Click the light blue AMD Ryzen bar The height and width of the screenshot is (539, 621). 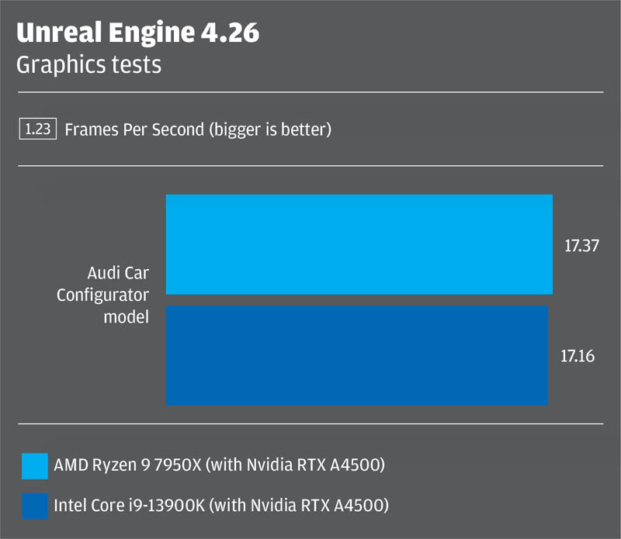coord(359,244)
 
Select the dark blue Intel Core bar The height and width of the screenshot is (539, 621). coord(357,355)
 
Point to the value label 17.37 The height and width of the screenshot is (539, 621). coord(582,246)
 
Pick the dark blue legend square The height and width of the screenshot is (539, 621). coord(35,506)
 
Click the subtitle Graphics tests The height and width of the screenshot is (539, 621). coord(88,64)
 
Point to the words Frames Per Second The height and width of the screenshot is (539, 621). coord(134,130)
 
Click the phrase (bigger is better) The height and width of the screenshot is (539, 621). coord(269,130)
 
